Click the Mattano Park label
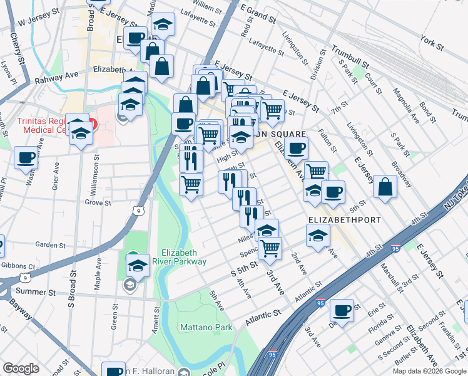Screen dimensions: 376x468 (x=206, y=327)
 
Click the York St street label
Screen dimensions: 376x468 (x=432, y=44)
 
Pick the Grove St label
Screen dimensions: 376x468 (x=98, y=203)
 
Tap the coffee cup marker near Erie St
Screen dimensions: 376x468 (x=342, y=310)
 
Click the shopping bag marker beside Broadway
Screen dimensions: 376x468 (x=385, y=186)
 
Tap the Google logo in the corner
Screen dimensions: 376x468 (x=21, y=368)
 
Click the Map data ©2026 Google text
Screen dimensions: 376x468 (x=429, y=371)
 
